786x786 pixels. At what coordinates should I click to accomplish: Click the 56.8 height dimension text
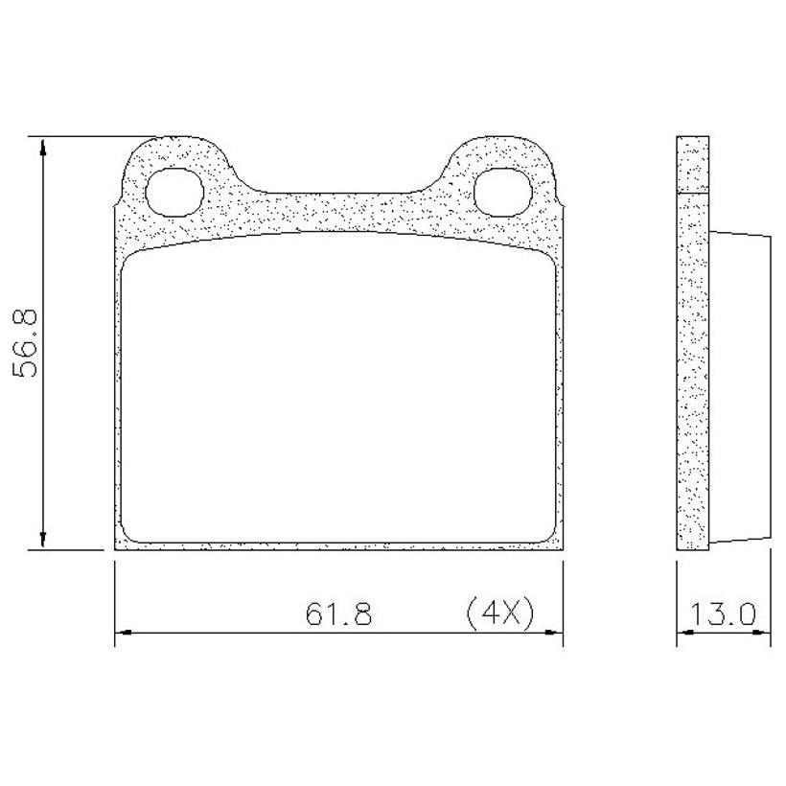pyautogui.click(x=25, y=344)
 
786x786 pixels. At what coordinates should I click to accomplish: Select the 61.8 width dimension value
pyautogui.click(x=339, y=613)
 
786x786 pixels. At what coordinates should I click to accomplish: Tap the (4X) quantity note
pyautogui.click(x=500, y=613)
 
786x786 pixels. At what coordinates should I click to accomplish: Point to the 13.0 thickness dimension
pyautogui.click(x=723, y=613)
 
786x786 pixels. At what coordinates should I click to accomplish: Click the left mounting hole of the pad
pyautogui.click(x=173, y=192)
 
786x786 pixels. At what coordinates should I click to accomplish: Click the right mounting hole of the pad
pyautogui.click(x=503, y=192)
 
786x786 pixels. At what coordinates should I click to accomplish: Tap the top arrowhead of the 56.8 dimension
pyautogui.click(x=43, y=147)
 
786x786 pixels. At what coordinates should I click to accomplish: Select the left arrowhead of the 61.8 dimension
pyautogui.click(x=124, y=633)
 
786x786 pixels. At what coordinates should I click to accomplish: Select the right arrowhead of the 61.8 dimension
pyautogui.click(x=554, y=633)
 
